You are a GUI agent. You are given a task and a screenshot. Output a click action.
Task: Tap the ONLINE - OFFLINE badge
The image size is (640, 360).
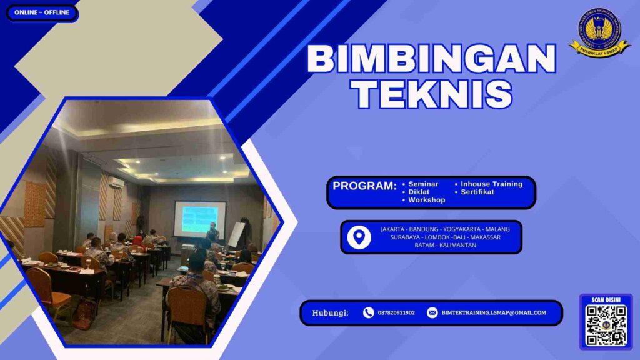tap(42, 12)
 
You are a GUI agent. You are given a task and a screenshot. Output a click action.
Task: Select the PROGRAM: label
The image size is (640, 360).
tap(364, 186)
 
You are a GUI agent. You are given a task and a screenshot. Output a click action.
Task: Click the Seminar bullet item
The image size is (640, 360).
tap(423, 184)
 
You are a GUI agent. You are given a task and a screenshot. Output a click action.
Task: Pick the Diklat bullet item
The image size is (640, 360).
tap(419, 192)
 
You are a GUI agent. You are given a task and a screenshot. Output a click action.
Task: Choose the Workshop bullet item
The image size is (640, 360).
tap(426, 200)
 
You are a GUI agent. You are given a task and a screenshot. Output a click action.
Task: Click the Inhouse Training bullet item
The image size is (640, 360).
tap(491, 184)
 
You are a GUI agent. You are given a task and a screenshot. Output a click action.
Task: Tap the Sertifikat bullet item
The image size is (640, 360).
tap(477, 192)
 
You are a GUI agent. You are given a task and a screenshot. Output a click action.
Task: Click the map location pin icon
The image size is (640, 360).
tap(358, 237)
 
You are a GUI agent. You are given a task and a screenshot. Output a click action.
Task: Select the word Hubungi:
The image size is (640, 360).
tap(330, 313)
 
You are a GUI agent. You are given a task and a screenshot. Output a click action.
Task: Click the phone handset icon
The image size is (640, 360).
tap(368, 313)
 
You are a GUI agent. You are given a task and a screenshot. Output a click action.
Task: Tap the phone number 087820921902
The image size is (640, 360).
tap(396, 313)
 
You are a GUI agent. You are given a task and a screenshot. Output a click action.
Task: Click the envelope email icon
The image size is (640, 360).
tap(432, 313)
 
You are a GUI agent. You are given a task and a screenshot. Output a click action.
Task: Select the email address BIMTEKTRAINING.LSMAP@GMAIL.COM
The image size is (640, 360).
tap(494, 313)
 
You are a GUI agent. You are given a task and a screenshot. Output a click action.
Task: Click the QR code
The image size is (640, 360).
tap(606, 326)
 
